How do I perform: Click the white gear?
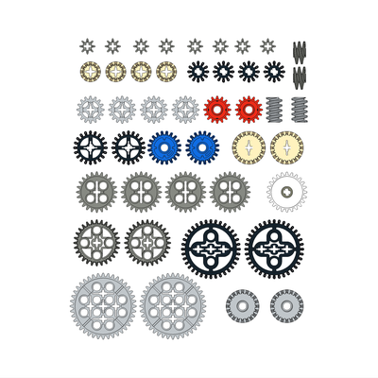(x=286, y=192)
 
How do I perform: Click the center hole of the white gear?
(x=286, y=192)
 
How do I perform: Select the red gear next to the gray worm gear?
(x=249, y=110)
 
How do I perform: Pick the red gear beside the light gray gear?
(x=217, y=110)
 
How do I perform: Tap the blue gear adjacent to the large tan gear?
(x=201, y=147)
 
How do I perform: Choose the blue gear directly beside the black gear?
(x=164, y=147)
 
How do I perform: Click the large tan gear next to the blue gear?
(x=249, y=147)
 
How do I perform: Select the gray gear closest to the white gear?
(x=230, y=191)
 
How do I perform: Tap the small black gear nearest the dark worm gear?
(x=274, y=71)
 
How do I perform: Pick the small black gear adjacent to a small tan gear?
(x=198, y=71)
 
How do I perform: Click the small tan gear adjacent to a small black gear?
(x=166, y=71)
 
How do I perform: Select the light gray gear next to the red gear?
(x=185, y=110)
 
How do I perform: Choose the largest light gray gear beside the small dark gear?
(x=172, y=306)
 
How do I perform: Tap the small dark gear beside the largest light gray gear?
(x=243, y=306)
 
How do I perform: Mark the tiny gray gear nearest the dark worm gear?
(x=267, y=45)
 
